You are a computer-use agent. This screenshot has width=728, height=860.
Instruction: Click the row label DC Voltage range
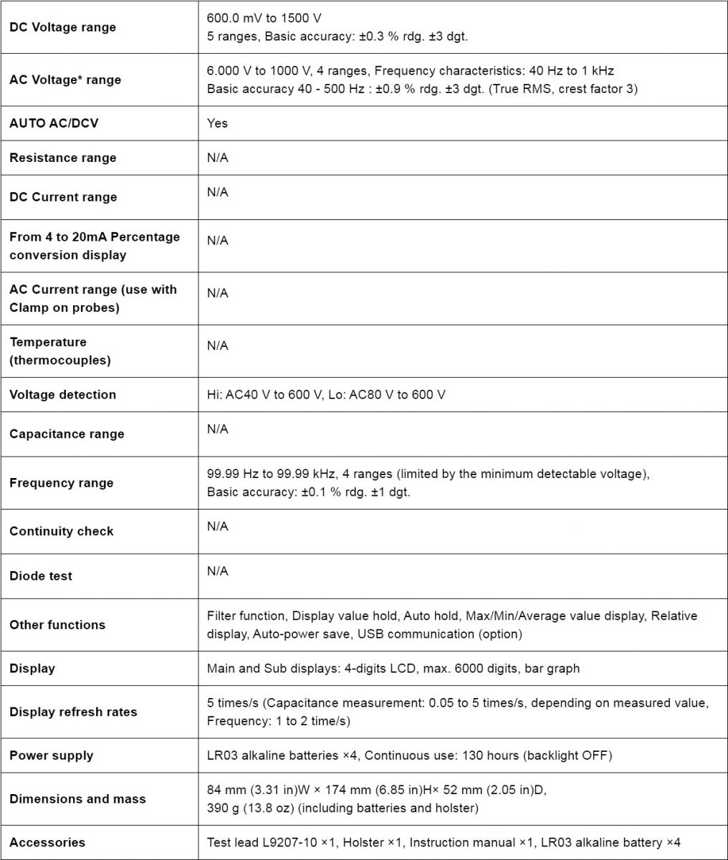(x=62, y=27)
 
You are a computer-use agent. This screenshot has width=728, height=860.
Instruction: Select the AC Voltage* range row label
(x=65, y=80)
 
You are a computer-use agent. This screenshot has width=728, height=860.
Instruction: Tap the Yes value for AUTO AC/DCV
(x=217, y=123)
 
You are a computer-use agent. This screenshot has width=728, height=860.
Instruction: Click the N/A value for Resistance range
(x=218, y=158)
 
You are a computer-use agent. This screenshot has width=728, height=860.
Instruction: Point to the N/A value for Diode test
(x=218, y=571)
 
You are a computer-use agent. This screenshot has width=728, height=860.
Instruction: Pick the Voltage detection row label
(x=62, y=394)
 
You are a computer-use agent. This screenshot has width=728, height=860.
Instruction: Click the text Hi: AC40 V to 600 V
(x=264, y=394)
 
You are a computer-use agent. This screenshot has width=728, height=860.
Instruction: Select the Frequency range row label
(x=62, y=483)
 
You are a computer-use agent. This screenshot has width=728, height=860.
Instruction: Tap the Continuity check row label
(x=62, y=531)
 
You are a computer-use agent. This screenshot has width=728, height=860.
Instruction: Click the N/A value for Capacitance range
(x=218, y=429)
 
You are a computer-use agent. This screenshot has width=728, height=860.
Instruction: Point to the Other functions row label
(x=57, y=625)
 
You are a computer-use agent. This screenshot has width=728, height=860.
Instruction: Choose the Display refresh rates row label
(x=73, y=712)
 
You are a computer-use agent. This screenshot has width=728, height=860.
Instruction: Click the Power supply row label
(x=52, y=755)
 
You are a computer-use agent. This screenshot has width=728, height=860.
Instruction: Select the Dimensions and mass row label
(x=77, y=799)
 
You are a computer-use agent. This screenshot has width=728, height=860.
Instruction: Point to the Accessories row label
(x=47, y=843)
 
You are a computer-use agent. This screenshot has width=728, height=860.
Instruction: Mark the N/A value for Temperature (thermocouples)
(x=218, y=345)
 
